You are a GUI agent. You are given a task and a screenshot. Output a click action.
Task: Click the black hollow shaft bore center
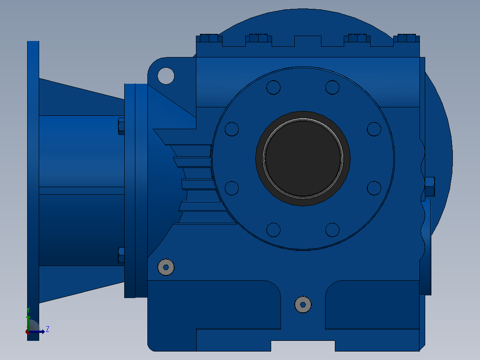(x=303, y=158)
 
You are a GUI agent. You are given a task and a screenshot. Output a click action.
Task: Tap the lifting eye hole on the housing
(x=166, y=76)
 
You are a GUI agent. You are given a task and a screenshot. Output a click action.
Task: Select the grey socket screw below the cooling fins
(x=166, y=267)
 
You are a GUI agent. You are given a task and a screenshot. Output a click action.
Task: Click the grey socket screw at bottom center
(x=303, y=305)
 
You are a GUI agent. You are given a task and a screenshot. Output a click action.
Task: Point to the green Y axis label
(x=28, y=310)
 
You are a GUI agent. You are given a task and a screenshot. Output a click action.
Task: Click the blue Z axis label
(x=48, y=329)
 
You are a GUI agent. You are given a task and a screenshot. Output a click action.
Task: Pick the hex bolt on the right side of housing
(x=430, y=187)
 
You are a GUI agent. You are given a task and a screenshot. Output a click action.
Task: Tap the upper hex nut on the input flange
(x=121, y=126)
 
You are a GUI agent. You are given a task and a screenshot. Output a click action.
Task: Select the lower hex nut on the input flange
(x=121, y=255)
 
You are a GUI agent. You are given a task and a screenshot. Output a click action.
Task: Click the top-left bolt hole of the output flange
(x=273, y=87)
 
